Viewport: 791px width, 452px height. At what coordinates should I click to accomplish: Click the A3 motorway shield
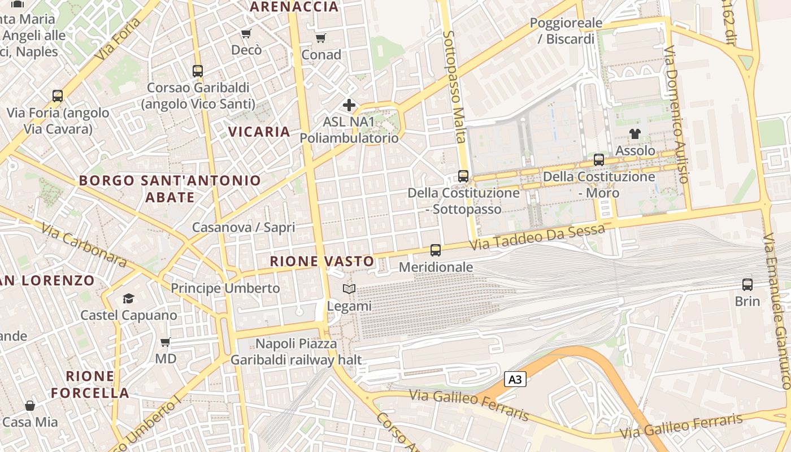tap(515, 379)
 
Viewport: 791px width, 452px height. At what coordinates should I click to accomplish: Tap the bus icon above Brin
tap(747, 285)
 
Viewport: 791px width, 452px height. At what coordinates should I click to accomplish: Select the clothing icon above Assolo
tap(635, 134)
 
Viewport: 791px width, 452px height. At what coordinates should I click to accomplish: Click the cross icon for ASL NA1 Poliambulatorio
tap(349, 105)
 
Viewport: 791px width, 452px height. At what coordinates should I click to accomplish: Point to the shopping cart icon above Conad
tap(321, 38)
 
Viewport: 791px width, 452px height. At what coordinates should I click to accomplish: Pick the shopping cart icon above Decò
tap(246, 34)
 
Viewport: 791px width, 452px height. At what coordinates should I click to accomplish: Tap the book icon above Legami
tap(349, 289)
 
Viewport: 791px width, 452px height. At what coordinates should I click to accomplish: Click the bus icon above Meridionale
tap(436, 250)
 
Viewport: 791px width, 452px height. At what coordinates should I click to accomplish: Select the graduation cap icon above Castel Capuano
tap(129, 298)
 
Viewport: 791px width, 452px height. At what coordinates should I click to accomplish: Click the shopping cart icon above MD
tap(166, 342)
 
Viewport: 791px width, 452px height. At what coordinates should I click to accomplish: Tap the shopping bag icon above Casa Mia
tap(30, 406)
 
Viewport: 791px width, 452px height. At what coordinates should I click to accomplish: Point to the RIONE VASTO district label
tap(322, 261)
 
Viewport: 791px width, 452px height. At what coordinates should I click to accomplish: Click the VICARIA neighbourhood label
tap(259, 132)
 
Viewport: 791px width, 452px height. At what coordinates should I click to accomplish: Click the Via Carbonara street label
tap(84, 244)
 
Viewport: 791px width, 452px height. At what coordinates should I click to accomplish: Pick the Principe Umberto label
tap(225, 288)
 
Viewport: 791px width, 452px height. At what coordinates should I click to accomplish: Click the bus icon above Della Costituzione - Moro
tap(599, 160)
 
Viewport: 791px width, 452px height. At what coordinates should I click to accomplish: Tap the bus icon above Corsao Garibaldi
tap(198, 71)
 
